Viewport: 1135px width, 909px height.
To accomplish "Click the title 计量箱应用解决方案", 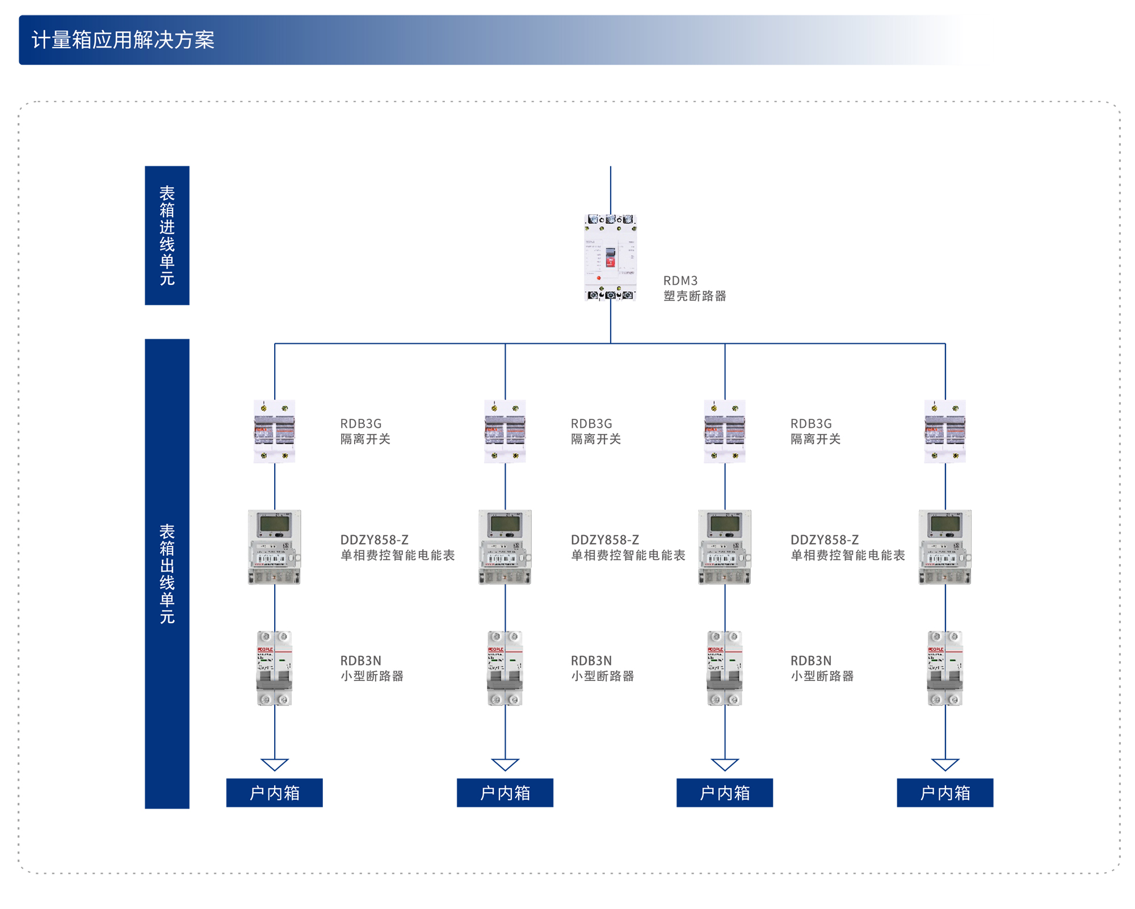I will point(123,40).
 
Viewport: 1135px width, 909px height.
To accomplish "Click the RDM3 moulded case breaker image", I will point(610,258).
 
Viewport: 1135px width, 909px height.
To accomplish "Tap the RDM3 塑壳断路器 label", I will point(695,288).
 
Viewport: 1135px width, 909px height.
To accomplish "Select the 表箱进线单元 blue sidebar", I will point(167,235).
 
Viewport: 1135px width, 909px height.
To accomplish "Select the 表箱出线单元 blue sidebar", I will point(167,573).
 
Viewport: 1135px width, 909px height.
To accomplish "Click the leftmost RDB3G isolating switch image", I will point(275,431).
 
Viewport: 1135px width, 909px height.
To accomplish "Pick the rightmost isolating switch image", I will point(945,431).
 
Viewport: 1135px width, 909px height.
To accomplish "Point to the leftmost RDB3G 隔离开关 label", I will point(365,431).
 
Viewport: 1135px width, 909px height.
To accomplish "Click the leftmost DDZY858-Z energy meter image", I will point(275,547).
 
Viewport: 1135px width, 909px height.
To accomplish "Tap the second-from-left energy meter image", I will point(505,547).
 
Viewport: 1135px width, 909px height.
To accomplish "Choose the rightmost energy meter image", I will point(945,547).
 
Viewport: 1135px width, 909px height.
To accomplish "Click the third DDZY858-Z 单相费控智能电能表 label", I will point(847,548).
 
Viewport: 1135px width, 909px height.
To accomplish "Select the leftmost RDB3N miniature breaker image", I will point(275,668).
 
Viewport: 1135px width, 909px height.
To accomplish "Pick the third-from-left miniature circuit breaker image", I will point(725,668).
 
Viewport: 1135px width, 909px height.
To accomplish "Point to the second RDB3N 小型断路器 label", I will point(602,668).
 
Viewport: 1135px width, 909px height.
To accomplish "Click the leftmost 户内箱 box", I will point(275,793).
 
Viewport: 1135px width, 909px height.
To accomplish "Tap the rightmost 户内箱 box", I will point(945,793).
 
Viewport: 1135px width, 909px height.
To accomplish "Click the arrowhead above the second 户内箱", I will point(505,764).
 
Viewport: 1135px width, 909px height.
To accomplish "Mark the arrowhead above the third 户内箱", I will point(725,764).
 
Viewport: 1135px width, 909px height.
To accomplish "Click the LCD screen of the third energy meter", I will point(725,523).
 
